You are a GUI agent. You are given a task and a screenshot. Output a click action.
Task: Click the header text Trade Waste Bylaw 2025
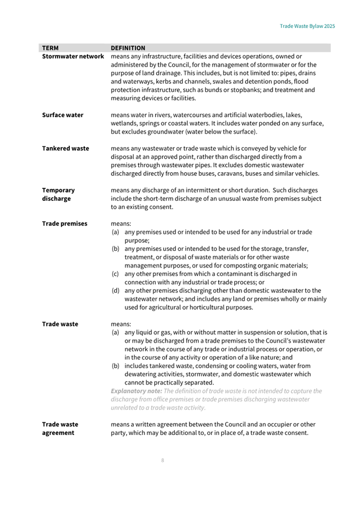(307, 26)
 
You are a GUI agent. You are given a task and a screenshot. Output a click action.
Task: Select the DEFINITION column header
(131, 47)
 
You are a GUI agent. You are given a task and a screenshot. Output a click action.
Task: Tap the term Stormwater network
(73, 56)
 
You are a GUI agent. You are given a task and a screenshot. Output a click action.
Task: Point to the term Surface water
(62, 115)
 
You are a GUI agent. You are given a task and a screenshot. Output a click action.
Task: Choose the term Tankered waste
(65, 148)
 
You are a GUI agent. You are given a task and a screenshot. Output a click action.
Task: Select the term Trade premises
(65, 224)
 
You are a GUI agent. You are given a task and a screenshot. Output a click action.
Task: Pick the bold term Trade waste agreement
(60, 429)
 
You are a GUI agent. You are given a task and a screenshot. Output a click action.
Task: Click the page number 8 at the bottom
(163, 460)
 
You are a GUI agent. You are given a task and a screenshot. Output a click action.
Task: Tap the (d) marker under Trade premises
(115, 290)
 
